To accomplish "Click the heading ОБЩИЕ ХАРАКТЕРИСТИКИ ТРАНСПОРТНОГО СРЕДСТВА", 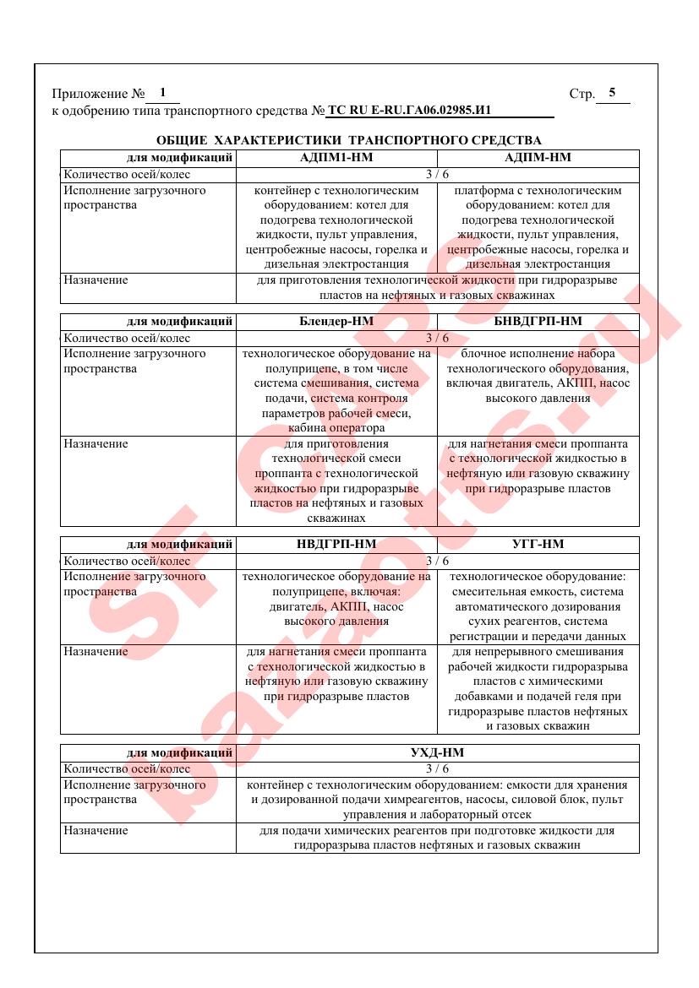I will (349, 139).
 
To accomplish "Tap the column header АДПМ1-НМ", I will (336, 158).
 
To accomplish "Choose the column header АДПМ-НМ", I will (538, 158).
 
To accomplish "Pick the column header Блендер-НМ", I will (336, 322).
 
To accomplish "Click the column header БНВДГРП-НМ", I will (538, 322).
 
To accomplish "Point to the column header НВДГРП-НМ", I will (336, 545).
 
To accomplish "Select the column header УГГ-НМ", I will (538, 545).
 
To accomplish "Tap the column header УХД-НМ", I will (437, 752).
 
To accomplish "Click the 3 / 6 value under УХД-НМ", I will (437, 768).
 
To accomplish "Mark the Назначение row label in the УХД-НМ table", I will (96, 831).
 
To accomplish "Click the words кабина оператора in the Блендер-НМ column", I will (336, 428).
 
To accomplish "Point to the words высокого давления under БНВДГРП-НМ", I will (538, 399).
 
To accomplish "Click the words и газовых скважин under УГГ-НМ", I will (538, 726).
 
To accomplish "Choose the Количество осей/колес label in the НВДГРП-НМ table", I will (127, 561).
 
